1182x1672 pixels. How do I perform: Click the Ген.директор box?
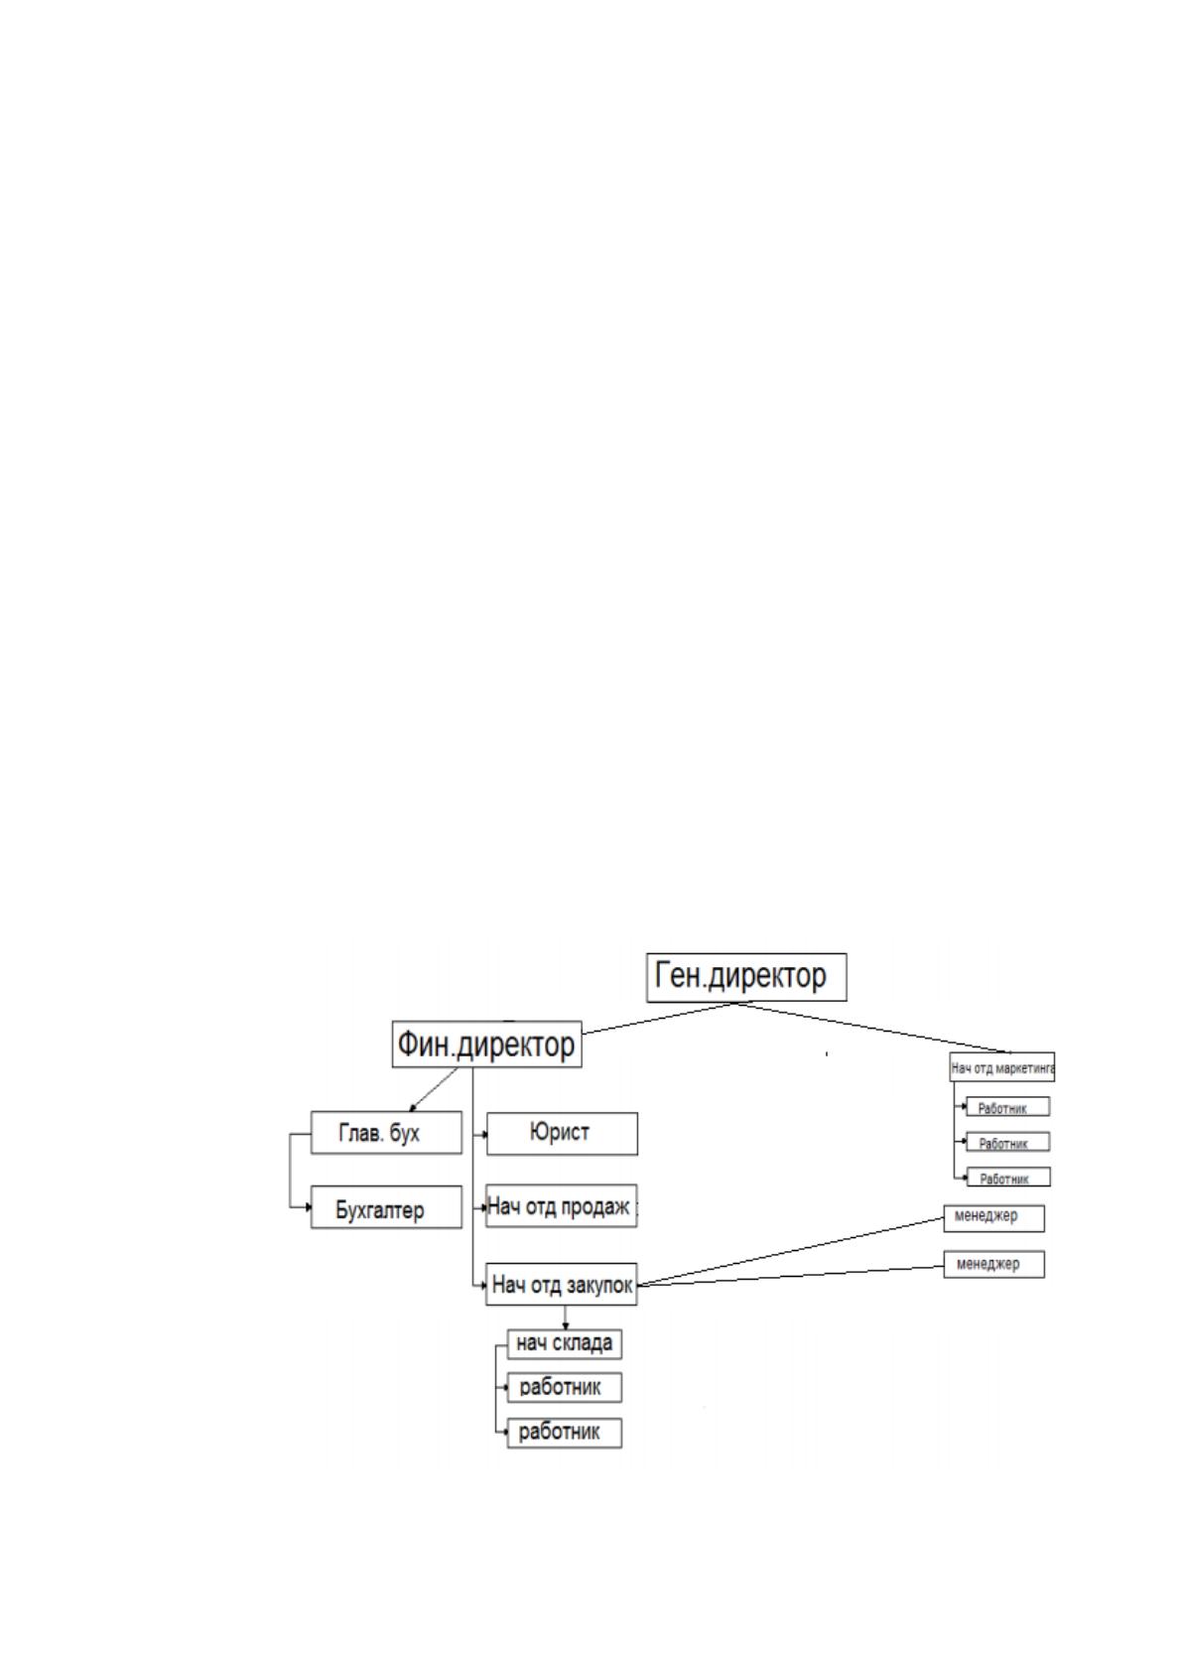[x=746, y=977]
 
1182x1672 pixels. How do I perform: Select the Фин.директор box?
[x=486, y=1044]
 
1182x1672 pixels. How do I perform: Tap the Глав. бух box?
[x=386, y=1132]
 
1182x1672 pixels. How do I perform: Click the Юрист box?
[x=562, y=1133]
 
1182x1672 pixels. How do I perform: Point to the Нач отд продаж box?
[x=561, y=1205]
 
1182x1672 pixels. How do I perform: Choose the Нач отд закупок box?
[x=561, y=1284]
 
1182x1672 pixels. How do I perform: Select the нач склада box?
[x=564, y=1343]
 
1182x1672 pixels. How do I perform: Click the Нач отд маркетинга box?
[x=1001, y=1067]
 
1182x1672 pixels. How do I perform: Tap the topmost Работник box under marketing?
[x=1007, y=1106]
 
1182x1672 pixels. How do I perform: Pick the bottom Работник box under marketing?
[x=1008, y=1178]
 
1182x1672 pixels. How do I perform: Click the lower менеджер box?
[x=994, y=1265]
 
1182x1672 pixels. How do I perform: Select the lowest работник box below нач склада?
[x=564, y=1433]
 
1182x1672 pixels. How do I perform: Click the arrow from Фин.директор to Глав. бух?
[x=434, y=1089]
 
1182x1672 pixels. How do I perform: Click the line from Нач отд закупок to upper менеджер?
[x=791, y=1251]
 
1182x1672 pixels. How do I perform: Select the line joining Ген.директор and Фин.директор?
[x=660, y=1018]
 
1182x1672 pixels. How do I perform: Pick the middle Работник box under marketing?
[x=1007, y=1142]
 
